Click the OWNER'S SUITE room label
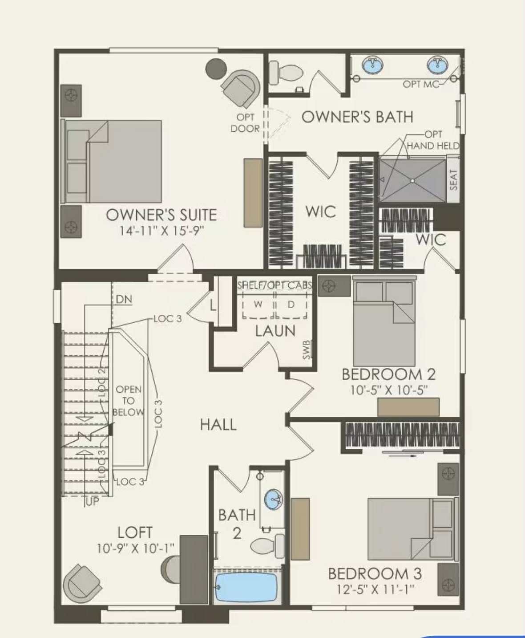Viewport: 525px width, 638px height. [161, 215]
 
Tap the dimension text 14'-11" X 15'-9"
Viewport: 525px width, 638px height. [161, 231]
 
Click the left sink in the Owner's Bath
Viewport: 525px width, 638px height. [372, 65]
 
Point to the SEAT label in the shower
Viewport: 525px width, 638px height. [453, 180]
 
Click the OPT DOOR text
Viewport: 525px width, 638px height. [245, 123]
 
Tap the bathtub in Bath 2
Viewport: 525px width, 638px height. [246, 587]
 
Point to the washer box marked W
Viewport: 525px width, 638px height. [258, 305]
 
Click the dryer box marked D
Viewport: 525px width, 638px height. [291, 305]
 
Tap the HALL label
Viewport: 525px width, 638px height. [218, 424]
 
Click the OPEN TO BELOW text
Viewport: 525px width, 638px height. [128, 401]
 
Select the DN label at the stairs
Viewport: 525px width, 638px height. [124, 299]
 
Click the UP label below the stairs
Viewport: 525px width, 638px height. [92, 502]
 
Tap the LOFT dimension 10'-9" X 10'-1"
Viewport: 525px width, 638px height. [135, 548]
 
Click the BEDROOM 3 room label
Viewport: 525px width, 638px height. [375, 573]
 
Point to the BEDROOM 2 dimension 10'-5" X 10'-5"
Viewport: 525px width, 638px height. [388, 390]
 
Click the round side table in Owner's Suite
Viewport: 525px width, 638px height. [216, 69]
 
